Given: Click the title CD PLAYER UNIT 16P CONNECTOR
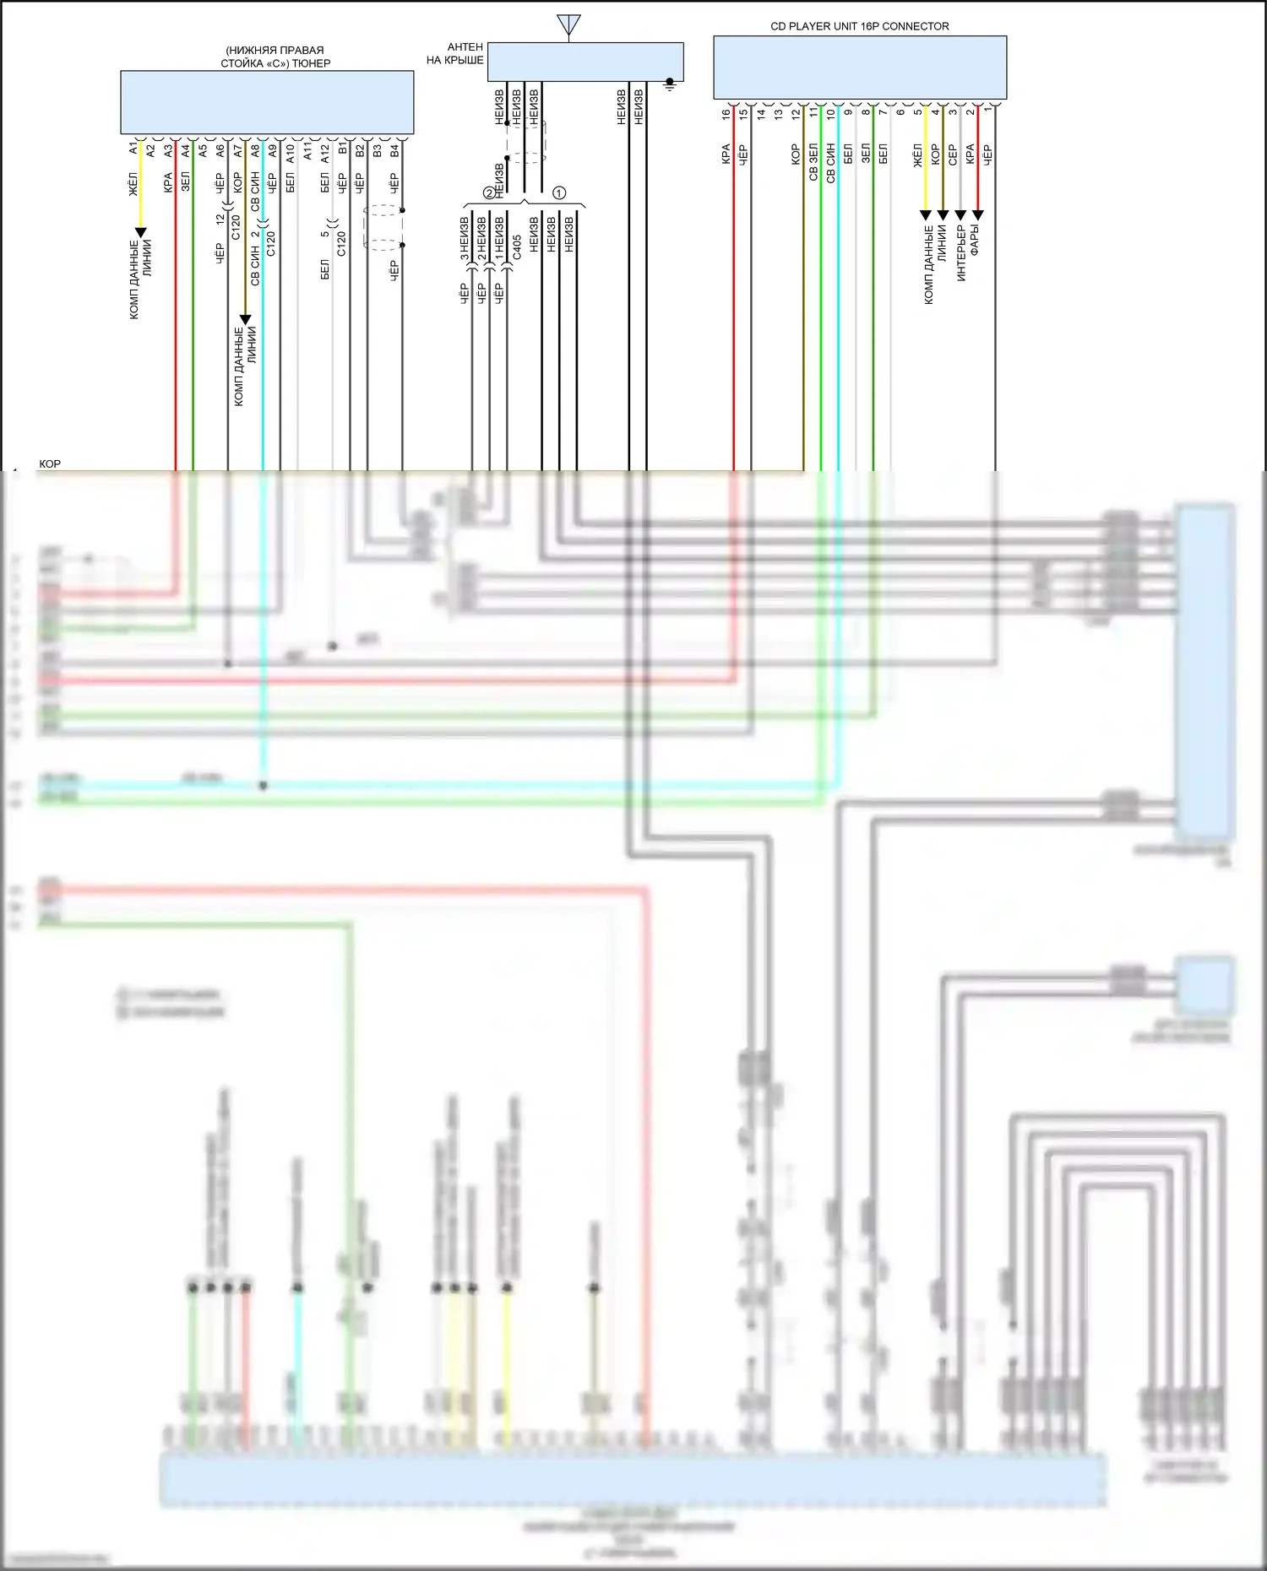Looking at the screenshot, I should (x=859, y=26).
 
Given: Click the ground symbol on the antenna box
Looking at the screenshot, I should (x=670, y=84).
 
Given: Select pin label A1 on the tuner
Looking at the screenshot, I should (x=133, y=149).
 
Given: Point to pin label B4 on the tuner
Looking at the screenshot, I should (x=394, y=150).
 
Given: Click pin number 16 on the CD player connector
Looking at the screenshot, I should (x=726, y=113).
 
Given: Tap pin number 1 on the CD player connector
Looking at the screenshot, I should (x=987, y=111).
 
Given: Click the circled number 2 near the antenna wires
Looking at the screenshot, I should (x=488, y=192).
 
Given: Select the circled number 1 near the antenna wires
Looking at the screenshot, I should (x=558, y=192).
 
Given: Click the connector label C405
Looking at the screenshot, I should (x=517, y=251).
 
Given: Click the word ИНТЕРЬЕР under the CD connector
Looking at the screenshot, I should (x=961, y=252).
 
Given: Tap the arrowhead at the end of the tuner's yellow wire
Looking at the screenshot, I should (x=141, y=232).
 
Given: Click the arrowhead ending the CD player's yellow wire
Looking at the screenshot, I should (x=926, y=215).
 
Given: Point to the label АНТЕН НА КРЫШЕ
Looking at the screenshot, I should (x=455, y=54).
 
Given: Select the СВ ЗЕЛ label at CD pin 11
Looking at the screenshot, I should (x=813, y=162).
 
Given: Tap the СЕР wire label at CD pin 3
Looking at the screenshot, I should (x=953, y=154).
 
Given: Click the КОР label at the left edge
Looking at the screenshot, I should (x=50, y=464).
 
